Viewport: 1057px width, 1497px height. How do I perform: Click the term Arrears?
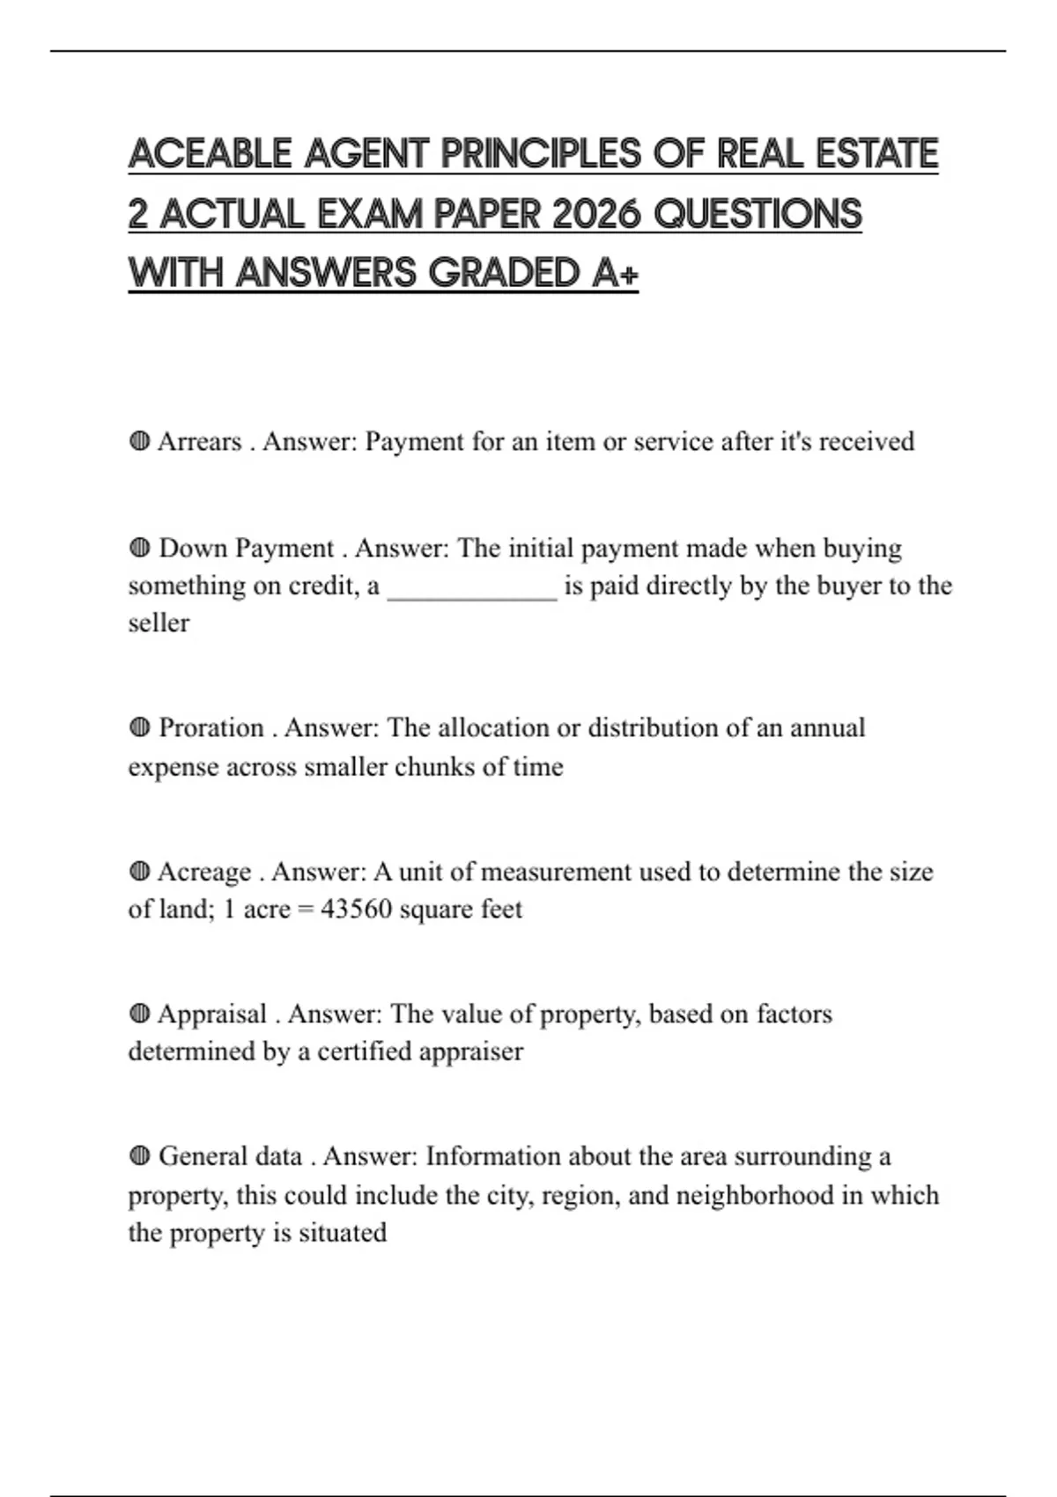[199, 441]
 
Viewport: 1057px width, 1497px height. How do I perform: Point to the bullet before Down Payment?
[139, 549]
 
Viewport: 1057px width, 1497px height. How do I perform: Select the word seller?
[159, 623]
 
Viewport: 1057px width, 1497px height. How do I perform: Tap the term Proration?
[211, 728]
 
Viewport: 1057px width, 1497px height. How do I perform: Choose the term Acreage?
[204, 872]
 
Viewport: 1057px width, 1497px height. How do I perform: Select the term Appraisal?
[212, 1014]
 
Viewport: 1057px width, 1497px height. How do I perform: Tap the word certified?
[364, 1051]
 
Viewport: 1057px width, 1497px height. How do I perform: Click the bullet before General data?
[139, 1156]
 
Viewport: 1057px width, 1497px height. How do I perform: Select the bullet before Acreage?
[139, 872]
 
